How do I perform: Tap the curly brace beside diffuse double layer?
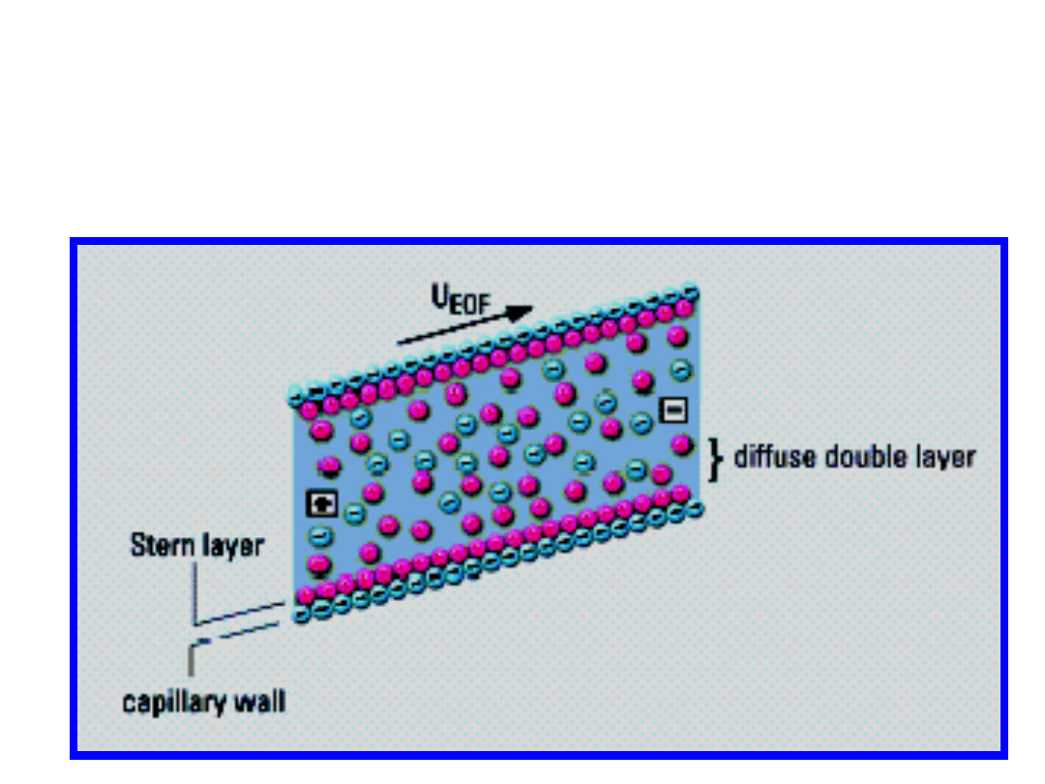coord(716,458)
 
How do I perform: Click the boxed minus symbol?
coord(672,410)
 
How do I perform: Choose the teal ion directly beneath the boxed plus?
coord(320,534)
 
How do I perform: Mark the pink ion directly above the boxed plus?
coord(329,466)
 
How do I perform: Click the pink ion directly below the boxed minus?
coord(682,444)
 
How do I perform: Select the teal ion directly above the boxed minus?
coord(682,371)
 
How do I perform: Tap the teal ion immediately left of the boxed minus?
coord(641,422)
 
